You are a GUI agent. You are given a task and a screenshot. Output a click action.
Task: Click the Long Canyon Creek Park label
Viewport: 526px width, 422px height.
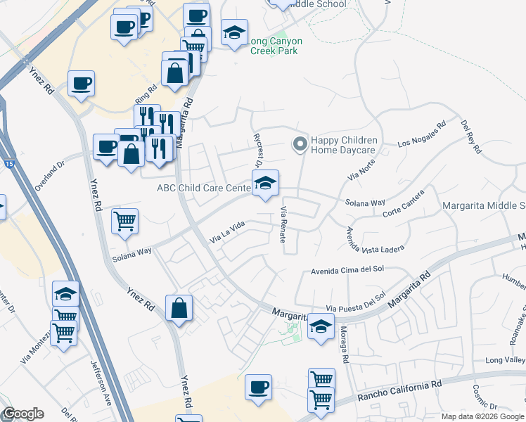pos(273,46)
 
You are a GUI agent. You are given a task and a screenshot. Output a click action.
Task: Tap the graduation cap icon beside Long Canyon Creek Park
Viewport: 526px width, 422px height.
pos(234,32)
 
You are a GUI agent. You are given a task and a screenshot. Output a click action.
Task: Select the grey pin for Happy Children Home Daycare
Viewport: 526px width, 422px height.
pos(300,144)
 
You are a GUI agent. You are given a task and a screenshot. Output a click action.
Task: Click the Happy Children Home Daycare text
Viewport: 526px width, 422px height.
pos(344,145)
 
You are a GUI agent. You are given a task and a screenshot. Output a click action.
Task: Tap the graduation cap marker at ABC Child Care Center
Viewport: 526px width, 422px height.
pos(265,184)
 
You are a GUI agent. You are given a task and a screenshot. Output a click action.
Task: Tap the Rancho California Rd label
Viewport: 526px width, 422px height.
pos(399,390)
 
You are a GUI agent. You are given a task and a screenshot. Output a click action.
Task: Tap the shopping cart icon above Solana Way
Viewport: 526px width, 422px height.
pos(124,221)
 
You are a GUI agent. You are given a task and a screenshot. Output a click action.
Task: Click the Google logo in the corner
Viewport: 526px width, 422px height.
pos(23,414)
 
